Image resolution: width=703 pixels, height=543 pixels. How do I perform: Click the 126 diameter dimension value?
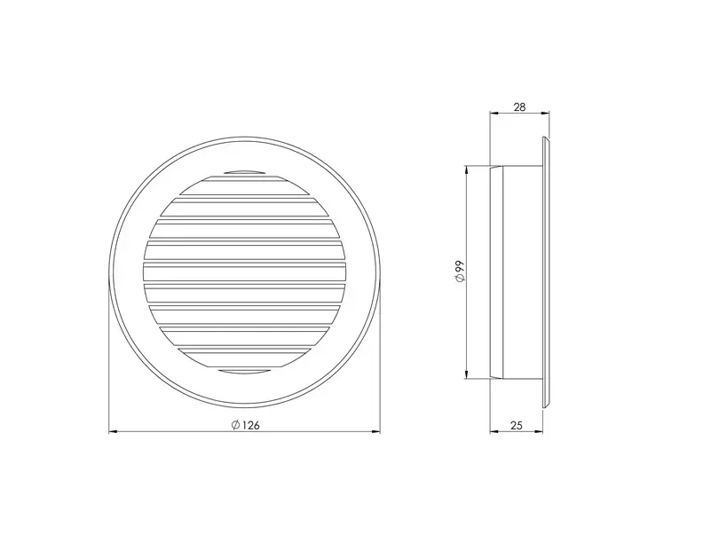(x=251, y=425)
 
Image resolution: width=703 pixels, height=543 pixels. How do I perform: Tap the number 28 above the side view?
(x=519, y=107)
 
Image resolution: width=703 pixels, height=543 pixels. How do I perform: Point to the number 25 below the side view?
(x=517, y=425)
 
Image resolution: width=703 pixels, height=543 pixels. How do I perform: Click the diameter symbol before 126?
(x=235, y=425)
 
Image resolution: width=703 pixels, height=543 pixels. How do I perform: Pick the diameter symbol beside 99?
(x=460, y=279)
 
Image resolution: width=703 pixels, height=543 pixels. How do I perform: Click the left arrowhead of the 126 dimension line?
(x=113, y=432)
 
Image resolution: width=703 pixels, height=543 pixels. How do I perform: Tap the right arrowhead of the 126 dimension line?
(x=376, y=432)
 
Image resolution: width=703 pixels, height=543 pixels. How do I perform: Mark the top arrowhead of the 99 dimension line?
(x=467, y=170)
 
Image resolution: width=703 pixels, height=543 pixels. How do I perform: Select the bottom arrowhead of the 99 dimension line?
(x=467, y=374)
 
